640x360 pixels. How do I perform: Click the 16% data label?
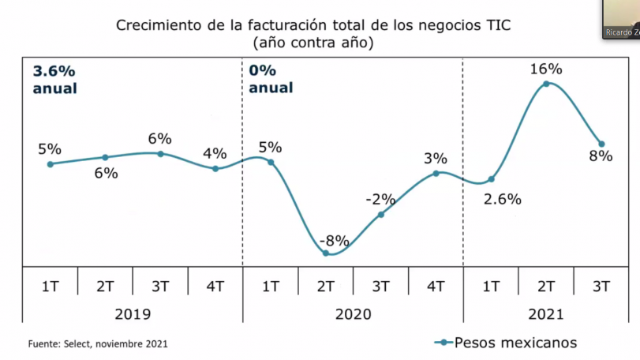(545, 69)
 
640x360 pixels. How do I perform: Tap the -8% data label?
(334, 241)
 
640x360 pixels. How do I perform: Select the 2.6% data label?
(502, 199)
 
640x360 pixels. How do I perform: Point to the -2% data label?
(380, 200)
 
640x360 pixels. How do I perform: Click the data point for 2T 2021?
(546, 84)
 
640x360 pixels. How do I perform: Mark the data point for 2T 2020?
(326, 253)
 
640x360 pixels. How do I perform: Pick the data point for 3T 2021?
(601, 144)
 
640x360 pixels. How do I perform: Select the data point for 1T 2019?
(50, 164)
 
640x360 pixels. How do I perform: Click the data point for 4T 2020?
(436, 173)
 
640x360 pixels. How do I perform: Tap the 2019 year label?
(133, 314)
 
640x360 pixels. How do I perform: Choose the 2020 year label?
(353, 314)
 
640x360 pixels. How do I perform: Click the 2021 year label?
(545, 314)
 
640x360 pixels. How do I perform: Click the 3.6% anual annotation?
(54, 79)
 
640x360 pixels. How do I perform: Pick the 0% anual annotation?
(270, 79)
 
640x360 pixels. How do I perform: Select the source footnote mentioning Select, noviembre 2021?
(98, 343)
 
